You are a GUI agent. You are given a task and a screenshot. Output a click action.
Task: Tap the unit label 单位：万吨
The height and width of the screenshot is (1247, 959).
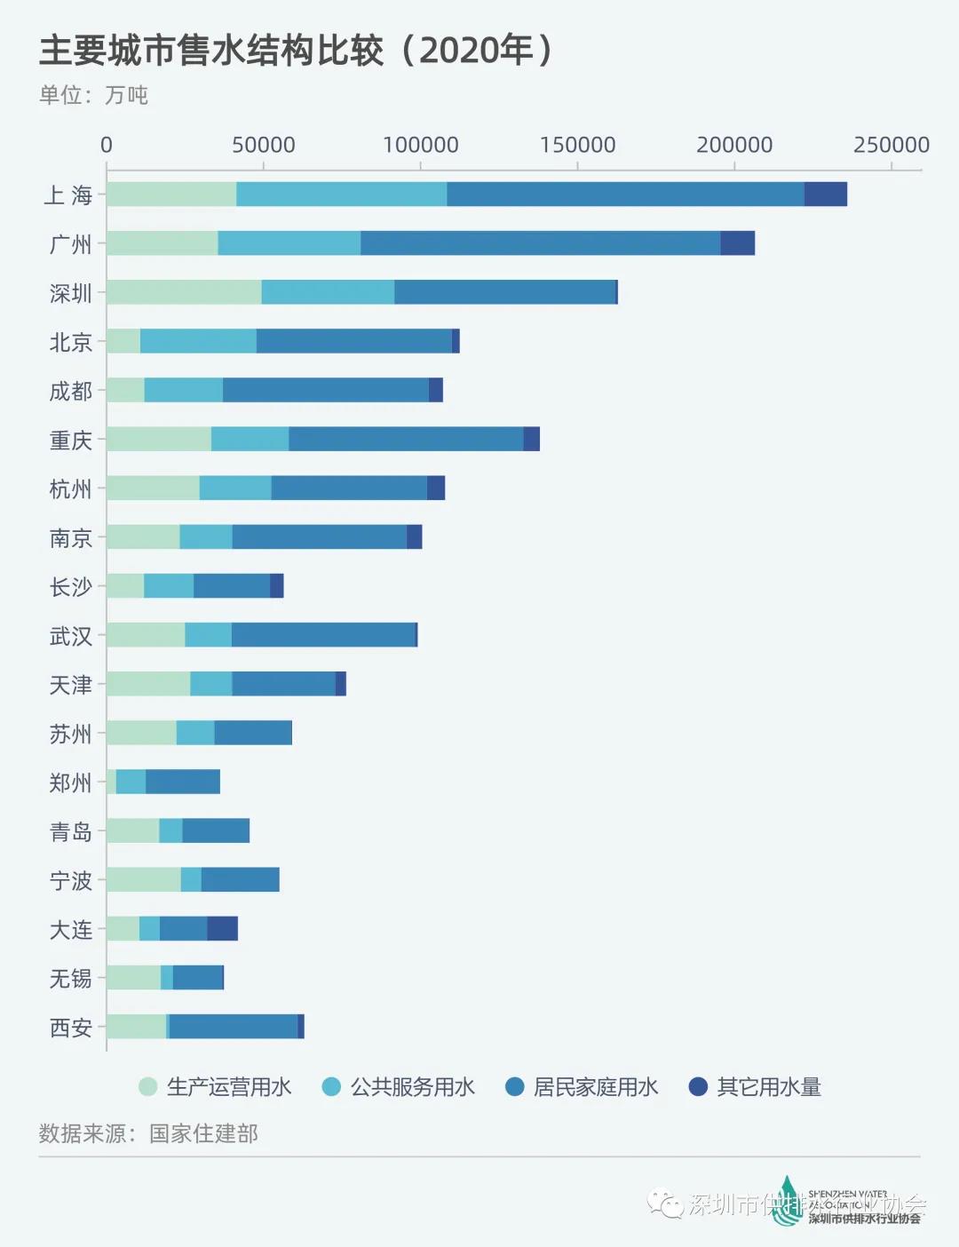pyautogui.click(x=93, y=95)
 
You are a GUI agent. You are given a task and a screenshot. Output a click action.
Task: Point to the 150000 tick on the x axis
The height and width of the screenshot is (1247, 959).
pyautogui.click(x=577, y=145)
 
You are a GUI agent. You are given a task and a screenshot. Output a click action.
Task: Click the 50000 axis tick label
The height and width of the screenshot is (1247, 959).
pyautogui.click(x=264, y=145)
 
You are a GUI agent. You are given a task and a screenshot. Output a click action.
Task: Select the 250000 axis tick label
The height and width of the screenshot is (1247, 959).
pyautogui.click(x=891, y=145)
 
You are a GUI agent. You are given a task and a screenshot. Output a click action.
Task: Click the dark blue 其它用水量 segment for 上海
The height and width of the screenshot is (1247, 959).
pyautogui.click(x=825, y=195)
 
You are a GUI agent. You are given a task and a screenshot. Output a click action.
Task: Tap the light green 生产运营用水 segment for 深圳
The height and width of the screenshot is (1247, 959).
pyautogui.click(x=184, y=292)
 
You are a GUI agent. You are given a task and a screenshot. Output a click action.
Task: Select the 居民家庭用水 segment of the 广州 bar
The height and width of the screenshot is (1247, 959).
pyautogui.click(x=540, y=243)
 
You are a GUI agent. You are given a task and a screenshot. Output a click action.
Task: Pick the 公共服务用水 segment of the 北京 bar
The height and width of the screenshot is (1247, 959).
pyautogui.click(x=198, y=341)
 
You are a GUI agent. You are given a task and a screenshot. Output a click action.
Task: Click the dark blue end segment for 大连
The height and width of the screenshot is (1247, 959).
pyautogui.click(x=222, y=929)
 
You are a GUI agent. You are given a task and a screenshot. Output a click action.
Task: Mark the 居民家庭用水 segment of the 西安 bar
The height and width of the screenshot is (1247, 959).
pyautogui.click(x=234, y=1027)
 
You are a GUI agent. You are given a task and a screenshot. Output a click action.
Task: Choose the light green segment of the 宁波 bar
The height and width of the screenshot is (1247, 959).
pyautogui.click(x=144, y=880)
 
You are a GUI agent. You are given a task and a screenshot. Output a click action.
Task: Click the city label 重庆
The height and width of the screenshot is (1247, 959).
pyautogui.click(x=71, y=440)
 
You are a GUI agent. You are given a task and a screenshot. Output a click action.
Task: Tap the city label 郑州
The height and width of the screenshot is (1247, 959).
pyautogui.click(x=71, y=782)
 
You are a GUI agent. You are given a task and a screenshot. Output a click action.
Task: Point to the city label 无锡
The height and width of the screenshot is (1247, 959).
pyautogui.click(x=71, y=979)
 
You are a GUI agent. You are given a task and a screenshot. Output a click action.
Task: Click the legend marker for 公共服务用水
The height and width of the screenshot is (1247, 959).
pyautogui.click(x=331, y=1087)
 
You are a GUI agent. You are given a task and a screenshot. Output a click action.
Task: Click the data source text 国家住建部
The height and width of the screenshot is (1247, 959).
pyautogui.click(x=203, y=1134)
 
